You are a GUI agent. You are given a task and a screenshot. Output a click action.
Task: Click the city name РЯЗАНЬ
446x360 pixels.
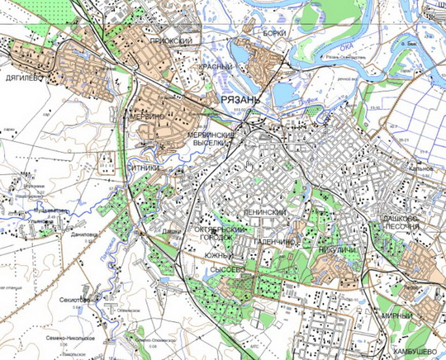coord(240,99)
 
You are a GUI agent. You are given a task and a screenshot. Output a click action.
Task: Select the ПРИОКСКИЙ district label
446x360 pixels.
coord(171,40)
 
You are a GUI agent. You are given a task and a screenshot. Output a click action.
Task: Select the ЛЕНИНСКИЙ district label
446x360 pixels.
coord(266,212)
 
